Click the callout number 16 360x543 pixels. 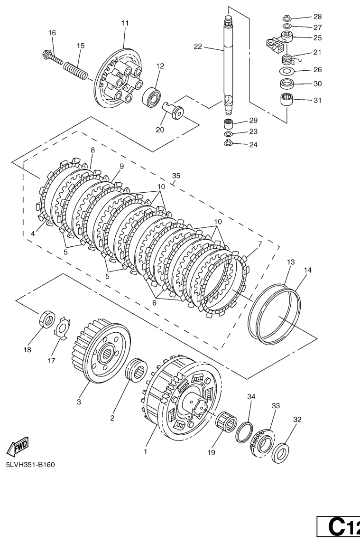52,33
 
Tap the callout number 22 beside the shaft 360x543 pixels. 198,46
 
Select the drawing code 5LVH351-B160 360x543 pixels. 30,464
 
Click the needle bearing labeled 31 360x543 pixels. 286,101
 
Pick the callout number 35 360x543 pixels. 176,176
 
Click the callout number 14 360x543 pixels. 308,270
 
